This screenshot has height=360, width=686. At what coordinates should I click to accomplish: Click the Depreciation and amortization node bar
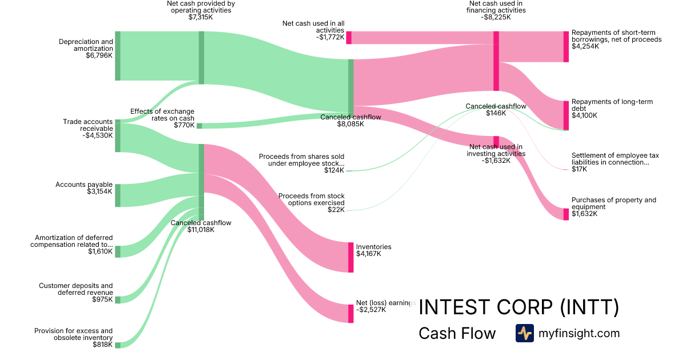(118, 56)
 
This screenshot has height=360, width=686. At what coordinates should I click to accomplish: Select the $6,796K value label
(99, 55)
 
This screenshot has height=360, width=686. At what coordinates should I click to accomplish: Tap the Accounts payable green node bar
(118, 195)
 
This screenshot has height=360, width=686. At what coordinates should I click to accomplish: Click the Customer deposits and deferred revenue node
(118, 300)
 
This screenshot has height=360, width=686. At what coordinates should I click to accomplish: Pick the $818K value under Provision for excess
(102, 345)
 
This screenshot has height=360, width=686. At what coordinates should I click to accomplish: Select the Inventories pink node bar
(351, 257)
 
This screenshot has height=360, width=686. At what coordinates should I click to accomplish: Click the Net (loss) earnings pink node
(351, 314)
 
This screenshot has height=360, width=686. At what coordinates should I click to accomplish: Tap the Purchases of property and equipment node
(566, 214)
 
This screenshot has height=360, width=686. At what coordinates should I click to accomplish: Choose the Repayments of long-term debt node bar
(566, 115)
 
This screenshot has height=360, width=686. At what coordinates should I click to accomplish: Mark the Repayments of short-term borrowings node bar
(566, 47)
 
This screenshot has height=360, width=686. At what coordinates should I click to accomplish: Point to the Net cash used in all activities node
(349, 38)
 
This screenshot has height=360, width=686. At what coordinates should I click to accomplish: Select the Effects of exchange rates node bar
(199, 126)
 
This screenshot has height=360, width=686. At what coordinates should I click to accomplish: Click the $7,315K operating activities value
(201, 17)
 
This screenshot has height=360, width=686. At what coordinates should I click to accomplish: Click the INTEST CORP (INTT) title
(519, 307)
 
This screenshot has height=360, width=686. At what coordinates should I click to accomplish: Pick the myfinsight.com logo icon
(524, 333)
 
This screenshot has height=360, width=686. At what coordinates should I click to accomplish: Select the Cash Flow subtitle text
(457, 334)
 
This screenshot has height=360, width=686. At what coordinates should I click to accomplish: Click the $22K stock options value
(336, 210)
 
